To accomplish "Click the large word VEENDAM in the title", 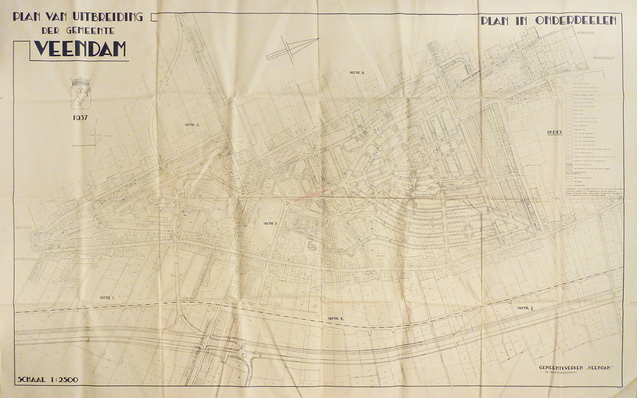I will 80,48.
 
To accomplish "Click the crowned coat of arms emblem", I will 81,92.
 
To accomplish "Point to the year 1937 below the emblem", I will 80,118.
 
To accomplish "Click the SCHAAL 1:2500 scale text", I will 48,380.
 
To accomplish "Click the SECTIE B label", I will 356,73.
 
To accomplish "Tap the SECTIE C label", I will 192,125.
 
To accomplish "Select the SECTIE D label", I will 269,223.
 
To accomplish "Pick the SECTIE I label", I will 106,298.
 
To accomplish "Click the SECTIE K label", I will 335,318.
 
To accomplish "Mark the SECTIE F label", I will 525,307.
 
